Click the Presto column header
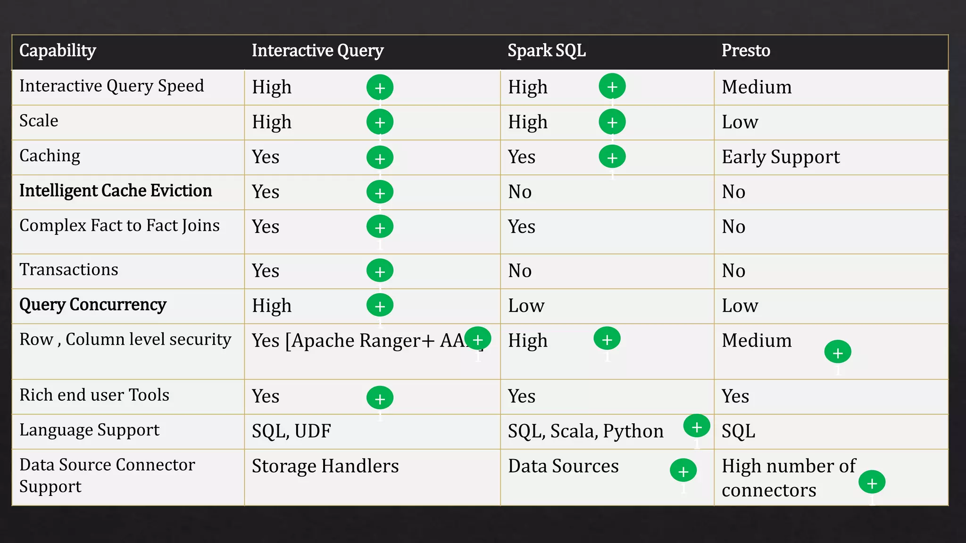pyautogui.click(x=746, y=50)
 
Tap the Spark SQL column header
pyautogui.click(x=546, y=50)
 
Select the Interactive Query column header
pyautogui.click(x=317, y=50)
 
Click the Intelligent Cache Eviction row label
pyautogui.click(x=116, y=191)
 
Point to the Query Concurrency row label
pyautogui.click(x=93, y=304)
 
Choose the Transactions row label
pyautogui.click(x=69, y=270)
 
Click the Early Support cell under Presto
pyautogui.click(x=781, y=157)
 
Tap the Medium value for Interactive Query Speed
pyautogui.click(x=757, y=87)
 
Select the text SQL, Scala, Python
pyautogui.click(x=585, y=431)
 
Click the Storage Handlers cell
pyautogui.click(x=325, y=466)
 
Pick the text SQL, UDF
pyautogui.click(x=291, y=431)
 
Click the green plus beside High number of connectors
pyautogui.click(x=872, y=483)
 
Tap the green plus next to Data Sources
pyautogui.click(x=683, y=471)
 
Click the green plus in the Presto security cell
pyautogui.click(x=838, y=353)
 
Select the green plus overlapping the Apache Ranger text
pyautogui.click(x=477, y=339)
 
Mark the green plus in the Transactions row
pyautogui.click(x=380, y=271)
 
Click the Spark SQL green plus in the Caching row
pyautogui.click(x=612, y=157)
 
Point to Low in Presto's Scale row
pyautogui.click(x=740, y=122)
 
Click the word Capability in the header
pyautogui.click(x=58, y=50)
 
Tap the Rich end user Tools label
pyautogui.click(x=94, y=395)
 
